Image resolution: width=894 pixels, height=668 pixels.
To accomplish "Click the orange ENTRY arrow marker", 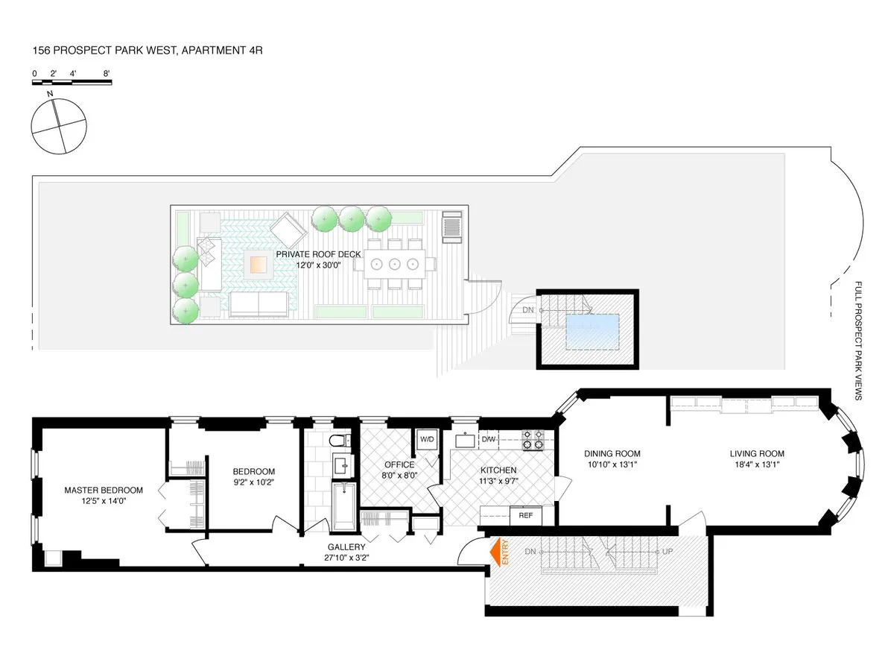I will (494, 552).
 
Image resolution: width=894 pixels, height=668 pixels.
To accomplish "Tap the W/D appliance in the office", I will (427, 438).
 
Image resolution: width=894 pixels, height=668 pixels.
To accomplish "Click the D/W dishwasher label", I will (489, 439).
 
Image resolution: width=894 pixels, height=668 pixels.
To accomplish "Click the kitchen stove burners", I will (533, 440).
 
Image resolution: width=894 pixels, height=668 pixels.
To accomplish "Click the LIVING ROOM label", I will (756, 453).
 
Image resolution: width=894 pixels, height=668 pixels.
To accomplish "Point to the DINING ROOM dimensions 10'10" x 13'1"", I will (612, 465).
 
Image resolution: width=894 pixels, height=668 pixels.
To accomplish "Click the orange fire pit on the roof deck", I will (259, 263).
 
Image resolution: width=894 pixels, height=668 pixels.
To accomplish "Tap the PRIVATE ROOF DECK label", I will (318, 254).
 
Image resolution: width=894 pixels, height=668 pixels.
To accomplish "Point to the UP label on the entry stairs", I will (668, 552).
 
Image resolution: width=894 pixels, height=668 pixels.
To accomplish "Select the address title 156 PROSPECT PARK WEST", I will (147, 51).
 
